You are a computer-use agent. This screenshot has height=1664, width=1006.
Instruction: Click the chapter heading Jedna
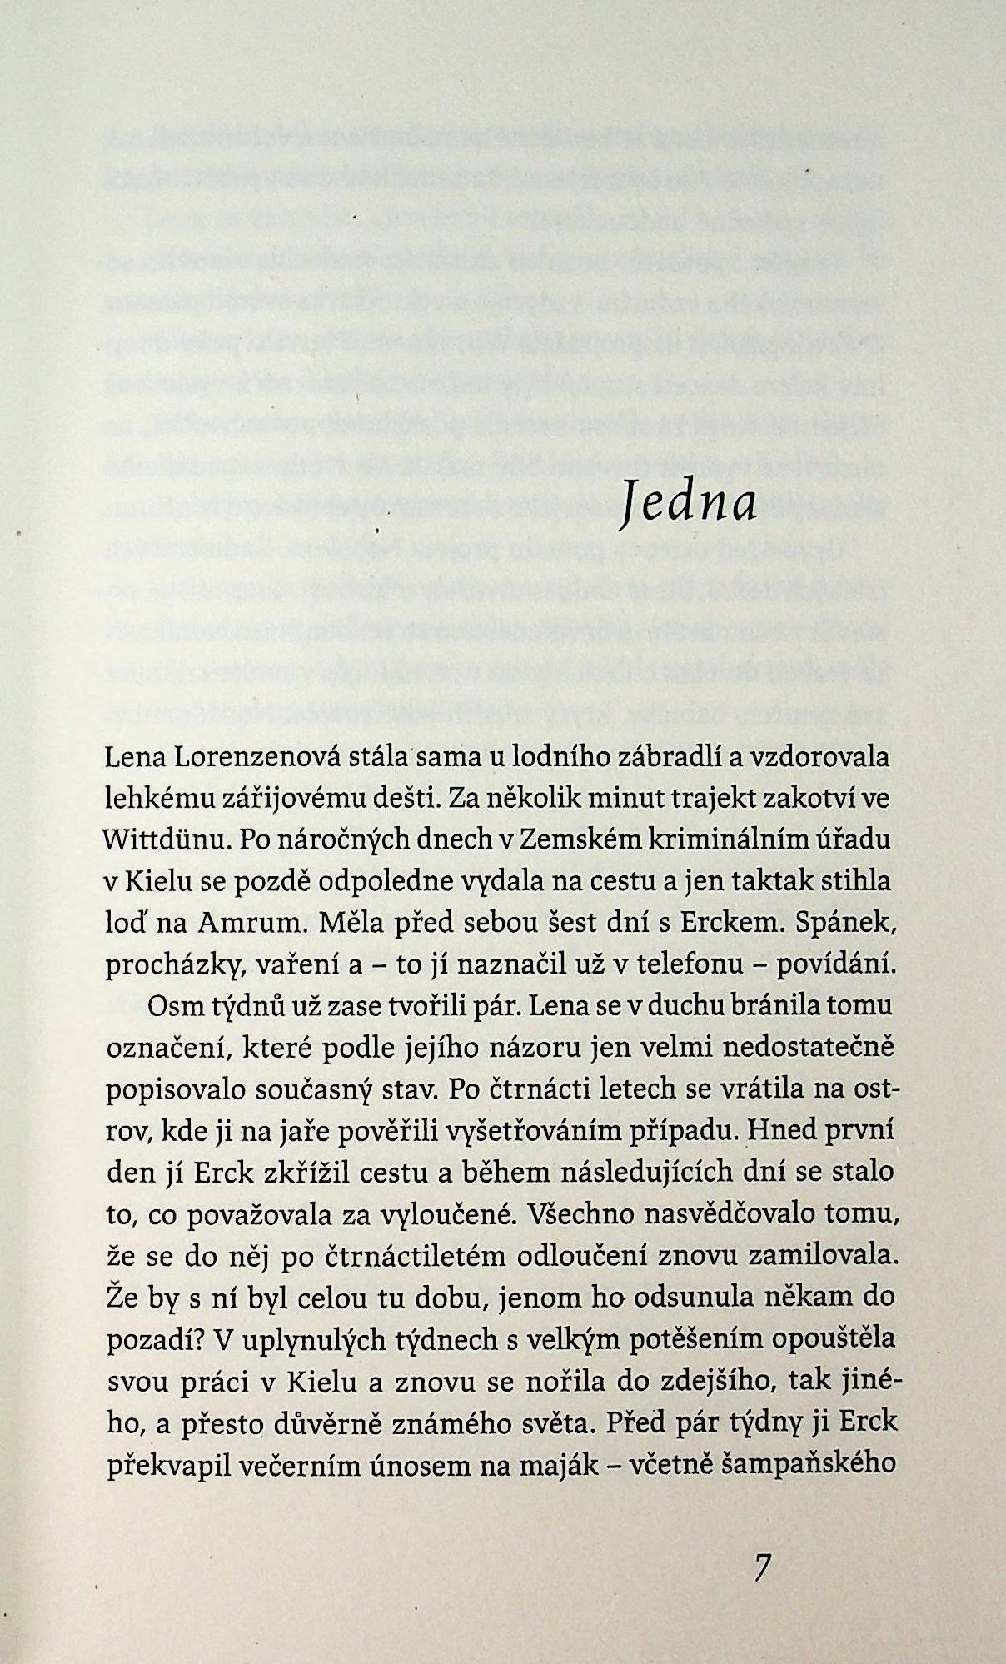(688, 504)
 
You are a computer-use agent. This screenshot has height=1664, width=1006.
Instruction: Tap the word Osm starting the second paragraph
(171, 1006)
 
